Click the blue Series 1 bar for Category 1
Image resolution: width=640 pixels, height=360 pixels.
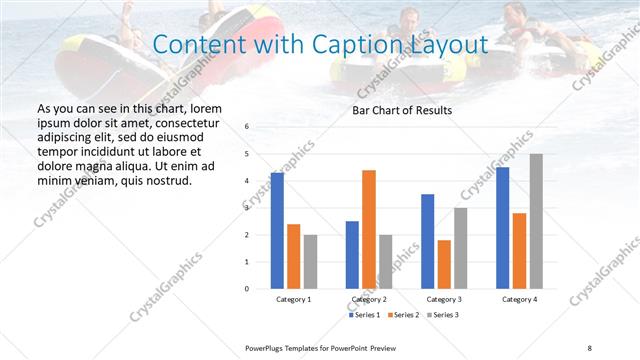click(x=277, y=230)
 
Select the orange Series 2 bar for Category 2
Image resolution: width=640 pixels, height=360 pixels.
click(x=369, y=229)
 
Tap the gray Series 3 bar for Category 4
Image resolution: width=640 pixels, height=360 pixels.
click(x=536, y=221)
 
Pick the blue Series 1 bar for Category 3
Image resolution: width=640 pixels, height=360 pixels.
click(x=428, y=241)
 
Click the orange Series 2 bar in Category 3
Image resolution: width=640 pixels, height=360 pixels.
click(x=444, y=264)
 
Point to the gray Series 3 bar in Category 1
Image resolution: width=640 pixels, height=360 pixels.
click(x=310, y=261)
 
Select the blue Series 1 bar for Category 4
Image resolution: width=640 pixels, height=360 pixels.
click(x=503, y=228)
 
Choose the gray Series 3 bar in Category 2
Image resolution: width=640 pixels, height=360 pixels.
click(x=386, y=261)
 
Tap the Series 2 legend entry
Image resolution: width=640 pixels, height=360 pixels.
click(x=403, y=315)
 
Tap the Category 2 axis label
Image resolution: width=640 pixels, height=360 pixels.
click(x=369, y=299)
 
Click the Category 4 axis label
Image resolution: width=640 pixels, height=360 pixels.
click(x=519, y=299)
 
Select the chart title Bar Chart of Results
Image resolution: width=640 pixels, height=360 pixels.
click(x=402, y=110)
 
